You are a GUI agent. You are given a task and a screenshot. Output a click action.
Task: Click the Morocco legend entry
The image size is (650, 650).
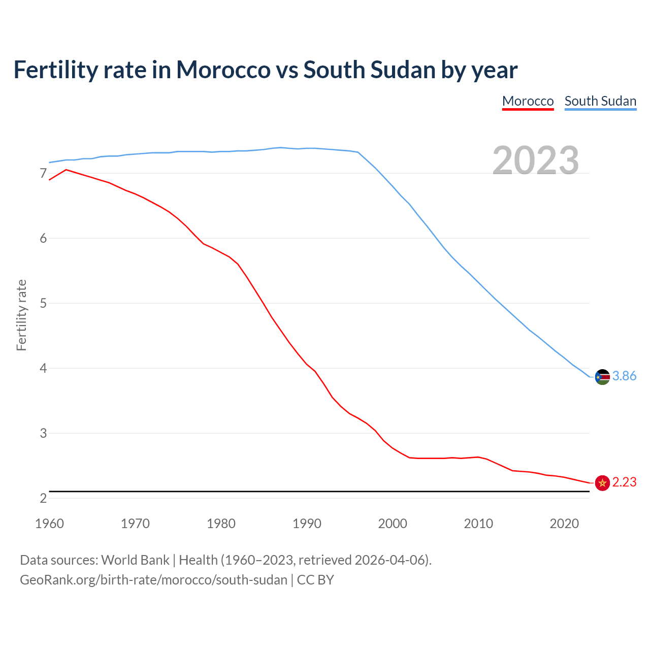click(x=528, y=101)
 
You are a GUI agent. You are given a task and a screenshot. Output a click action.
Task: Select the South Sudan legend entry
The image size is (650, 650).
click(x=600, y=101)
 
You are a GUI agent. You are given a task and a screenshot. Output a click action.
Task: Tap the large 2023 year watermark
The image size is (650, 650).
click(x=536, y=160)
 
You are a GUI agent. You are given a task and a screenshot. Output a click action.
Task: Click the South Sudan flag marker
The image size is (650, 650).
click(x=602, y=377)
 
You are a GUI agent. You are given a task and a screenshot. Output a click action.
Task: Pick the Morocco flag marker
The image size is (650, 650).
click(x=602, y=483)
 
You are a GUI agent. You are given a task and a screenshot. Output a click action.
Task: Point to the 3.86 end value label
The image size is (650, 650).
click(x=624, y=376)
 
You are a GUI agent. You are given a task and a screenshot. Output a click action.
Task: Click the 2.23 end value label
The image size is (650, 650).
click(x=624, y=482)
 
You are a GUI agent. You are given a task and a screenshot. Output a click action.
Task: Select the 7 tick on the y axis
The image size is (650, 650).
click(x=43, y=174)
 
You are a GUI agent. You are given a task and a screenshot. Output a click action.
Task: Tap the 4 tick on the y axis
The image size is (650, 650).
click(x=43, y=368)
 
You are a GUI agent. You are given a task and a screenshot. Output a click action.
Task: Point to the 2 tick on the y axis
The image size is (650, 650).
click(x=43, y=498)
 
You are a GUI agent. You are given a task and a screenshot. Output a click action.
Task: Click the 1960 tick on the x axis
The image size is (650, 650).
click(x=49, y=524)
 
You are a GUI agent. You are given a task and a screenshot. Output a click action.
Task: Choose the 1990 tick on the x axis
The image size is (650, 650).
click(x=307, y=524)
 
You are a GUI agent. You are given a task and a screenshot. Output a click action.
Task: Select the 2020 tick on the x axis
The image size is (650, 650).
click(x=564, y=524)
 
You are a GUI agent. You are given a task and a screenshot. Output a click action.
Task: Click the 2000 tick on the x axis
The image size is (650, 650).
click(x=393, y=524)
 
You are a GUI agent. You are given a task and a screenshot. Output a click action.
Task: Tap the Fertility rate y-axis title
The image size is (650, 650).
click(x=21, y=315)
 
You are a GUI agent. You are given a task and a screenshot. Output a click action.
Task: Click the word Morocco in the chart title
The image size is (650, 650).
click(x=223, y=70)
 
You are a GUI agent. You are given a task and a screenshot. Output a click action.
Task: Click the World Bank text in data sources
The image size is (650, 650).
click(x=135, y=560)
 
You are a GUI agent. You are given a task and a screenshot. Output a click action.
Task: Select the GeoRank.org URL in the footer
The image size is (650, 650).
click(x=153, y=580)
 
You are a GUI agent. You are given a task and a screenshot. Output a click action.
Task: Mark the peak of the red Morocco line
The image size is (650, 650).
click(x=66, y=170)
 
